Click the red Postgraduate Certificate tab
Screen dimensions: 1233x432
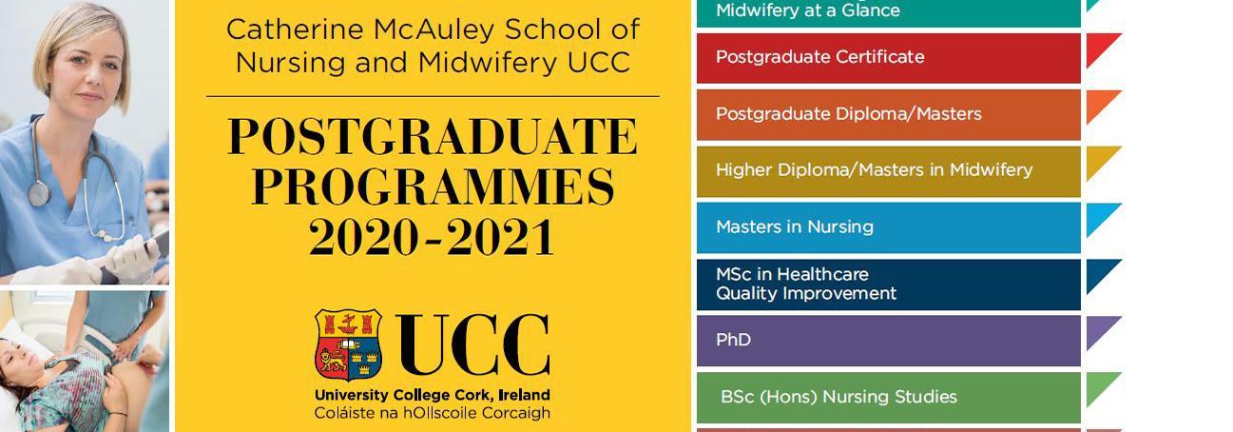[889, 58]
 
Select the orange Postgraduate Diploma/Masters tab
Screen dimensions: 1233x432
[889, 114]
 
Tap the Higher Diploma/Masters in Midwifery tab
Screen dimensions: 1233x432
[889, 171]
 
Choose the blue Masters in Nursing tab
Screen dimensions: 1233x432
[889, 227]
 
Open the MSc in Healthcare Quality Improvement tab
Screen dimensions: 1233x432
[889, 285]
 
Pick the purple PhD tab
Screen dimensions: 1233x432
[889, 341]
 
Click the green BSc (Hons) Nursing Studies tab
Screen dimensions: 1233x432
[889, 398]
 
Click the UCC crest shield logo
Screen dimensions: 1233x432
[348, 344]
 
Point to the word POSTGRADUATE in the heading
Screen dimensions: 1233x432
[433, 136]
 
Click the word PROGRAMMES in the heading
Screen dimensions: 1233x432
[433, 187]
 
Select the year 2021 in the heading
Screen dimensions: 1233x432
[499, 237]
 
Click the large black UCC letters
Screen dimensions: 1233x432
[472, 344]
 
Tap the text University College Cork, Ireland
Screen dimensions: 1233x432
[433, 395]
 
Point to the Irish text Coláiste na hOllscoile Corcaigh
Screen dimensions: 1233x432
[433, 413]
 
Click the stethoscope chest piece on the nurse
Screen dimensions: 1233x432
[39, 194]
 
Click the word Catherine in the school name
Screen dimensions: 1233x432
[295, 29]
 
